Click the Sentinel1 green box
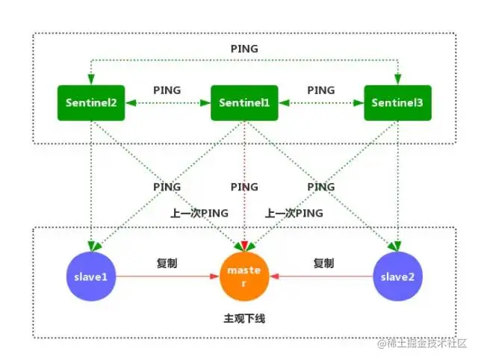coord(244,102)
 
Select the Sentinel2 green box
coord(90,102)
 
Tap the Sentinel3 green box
coord(397,102)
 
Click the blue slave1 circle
coord(90,277)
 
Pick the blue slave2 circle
coord(397,277)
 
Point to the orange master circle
coord(243,277)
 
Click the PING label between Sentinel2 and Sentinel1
coord(167,90)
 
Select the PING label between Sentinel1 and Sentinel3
coord(320,90)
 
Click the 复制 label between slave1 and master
coord(167,264)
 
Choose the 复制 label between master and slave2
coord(323,264)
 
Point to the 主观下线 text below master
coord(244,318)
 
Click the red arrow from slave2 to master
coord(321,277)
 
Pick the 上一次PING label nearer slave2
coord(294,213)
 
